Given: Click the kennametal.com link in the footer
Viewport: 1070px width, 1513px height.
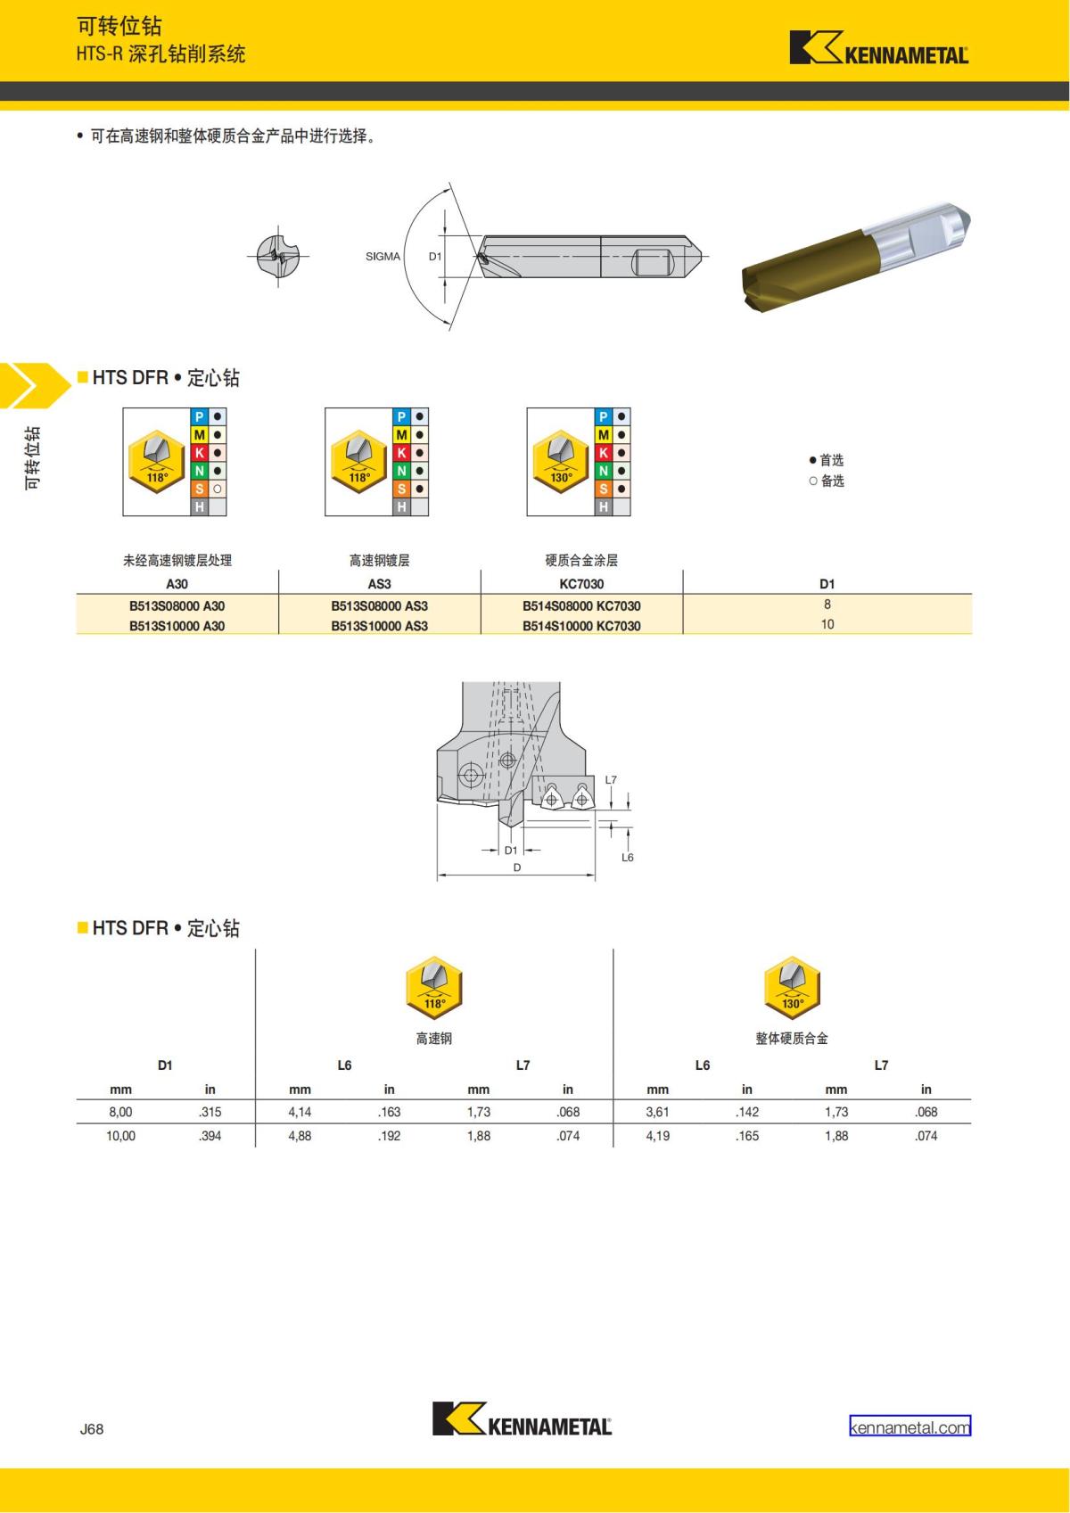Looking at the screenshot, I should (909, 1427).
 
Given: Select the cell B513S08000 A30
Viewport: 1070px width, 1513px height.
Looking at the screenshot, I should (177, 605).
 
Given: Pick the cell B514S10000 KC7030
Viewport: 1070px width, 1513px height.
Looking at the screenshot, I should (581, 626).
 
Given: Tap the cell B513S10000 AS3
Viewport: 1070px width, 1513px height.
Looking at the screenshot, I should (379, 626).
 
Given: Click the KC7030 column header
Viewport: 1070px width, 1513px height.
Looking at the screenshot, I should (581, 584).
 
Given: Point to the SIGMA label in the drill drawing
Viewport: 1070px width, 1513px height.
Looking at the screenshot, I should (383, 257).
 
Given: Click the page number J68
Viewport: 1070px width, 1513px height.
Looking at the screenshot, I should (92, 1428).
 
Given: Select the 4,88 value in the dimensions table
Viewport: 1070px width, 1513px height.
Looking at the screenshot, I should (300, 1136).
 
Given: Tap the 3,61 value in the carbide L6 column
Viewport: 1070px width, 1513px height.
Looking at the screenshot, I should (657, 1112).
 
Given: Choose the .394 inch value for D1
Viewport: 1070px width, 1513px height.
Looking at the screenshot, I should (210, 1136).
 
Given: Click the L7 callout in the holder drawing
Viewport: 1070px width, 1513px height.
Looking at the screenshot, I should (611, 780).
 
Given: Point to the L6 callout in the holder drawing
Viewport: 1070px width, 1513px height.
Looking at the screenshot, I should (627, 857).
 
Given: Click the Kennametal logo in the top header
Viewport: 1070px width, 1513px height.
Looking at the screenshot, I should (878, 49).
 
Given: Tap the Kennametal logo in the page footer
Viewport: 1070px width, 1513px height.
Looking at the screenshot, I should (522, 1418).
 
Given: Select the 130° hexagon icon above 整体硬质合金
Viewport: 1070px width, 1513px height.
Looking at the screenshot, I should (792, 988).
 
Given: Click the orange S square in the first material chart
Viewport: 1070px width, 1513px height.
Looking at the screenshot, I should (200, 489).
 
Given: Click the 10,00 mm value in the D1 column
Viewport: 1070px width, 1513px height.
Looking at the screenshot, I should (120, 1136).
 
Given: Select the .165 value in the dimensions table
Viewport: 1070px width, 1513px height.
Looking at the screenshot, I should (746, 1136).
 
